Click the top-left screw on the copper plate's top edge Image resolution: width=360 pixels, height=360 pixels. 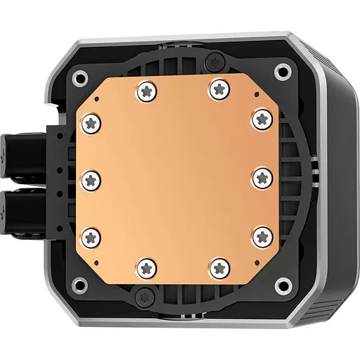[x=147, y=90]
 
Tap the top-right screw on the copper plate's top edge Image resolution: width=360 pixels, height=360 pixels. [x=217, y=89]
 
